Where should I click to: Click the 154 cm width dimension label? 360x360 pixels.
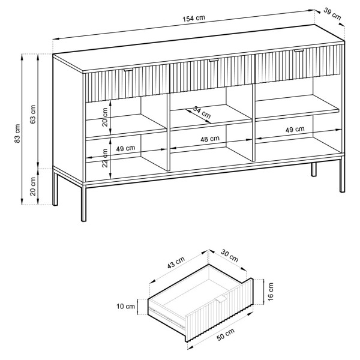tap(194, 18)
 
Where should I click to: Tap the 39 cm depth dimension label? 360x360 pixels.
tap(332, 14)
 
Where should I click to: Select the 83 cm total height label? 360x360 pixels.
tap(17, 133)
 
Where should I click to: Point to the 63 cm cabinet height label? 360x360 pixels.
tap(33, 115)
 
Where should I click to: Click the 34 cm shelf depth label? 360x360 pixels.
tap(202, 112)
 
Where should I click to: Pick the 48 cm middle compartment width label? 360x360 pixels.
tap(210, 139)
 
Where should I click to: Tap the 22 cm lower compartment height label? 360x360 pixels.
tap(105, 158)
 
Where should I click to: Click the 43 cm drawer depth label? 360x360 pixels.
tap(176, 263)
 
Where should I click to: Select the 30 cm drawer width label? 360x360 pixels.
tap(230, 256)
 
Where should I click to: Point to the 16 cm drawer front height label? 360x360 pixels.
tap(271, 292)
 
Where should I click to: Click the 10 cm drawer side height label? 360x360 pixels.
tap(125, 306)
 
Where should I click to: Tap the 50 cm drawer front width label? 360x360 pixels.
tap(226, 335)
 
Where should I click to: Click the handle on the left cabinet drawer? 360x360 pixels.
tap(128, 70)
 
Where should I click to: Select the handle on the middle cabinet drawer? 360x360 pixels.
tap(214, 61)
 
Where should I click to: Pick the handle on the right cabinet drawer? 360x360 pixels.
tap(299, 50)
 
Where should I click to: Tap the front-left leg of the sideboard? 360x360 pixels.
tap(83, 203)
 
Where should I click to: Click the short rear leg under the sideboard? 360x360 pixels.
tap(314, 170)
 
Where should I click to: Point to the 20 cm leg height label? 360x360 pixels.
tap(33, 187)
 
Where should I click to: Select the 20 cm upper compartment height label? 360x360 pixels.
tap(105, 117)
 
